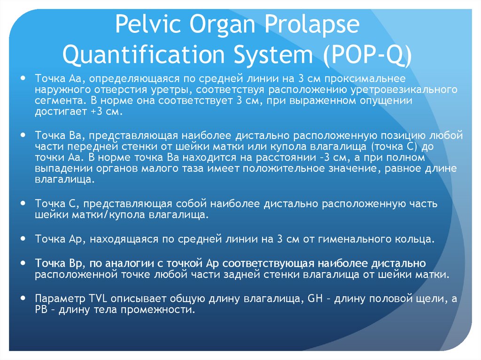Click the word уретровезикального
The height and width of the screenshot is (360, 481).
click(389, 89)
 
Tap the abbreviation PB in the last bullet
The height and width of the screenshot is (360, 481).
click(41, 310)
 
